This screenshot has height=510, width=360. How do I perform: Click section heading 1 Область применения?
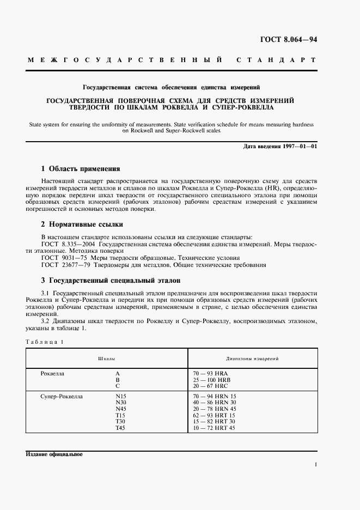click(x=81, y=169)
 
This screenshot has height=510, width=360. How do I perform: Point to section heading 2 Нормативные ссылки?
click(x=82, y=224)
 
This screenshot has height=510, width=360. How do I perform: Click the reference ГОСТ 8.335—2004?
click(x=65, y=245)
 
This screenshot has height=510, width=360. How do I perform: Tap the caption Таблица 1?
click(x=45, y=342)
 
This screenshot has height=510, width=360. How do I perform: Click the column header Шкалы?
click(x=106, y=360)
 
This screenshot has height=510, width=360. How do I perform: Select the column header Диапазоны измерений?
click(x=252, y=360)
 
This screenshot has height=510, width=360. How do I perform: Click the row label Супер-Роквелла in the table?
click(x=62, y=396)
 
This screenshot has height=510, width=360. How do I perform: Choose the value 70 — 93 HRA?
click(x=210, y=373)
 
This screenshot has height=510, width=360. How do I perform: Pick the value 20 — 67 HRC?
click(x=210, y=385)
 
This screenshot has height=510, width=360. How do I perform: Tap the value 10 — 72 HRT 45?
click(x=213, y=428)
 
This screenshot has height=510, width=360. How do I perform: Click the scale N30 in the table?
click(x=120, y=403)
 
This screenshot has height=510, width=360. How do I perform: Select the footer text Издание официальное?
click(x=54, y=454)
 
